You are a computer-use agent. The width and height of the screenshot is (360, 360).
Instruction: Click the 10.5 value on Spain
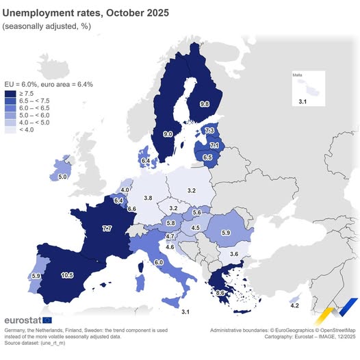tap(67, 275)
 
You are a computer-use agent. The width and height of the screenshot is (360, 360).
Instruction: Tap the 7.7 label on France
tap(107, 228)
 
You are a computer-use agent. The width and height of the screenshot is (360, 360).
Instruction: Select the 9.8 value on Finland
tap(204, 104)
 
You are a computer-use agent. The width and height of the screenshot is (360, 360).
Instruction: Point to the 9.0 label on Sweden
tap(167, 135)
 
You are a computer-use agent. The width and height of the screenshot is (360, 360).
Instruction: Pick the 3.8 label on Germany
tap(148, 198)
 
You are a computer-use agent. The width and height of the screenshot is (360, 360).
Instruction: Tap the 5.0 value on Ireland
tap(62, 177)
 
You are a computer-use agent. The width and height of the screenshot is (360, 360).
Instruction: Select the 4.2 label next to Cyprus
tap(294, 306)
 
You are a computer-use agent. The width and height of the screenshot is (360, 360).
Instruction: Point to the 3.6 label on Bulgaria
tap(234, 254)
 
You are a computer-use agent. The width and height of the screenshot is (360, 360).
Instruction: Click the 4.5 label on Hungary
tap(196, 228)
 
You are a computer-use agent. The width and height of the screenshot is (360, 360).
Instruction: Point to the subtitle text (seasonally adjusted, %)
tap(47, 26)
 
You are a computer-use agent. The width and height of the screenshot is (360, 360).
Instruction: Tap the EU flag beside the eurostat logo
tap(47, 320)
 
